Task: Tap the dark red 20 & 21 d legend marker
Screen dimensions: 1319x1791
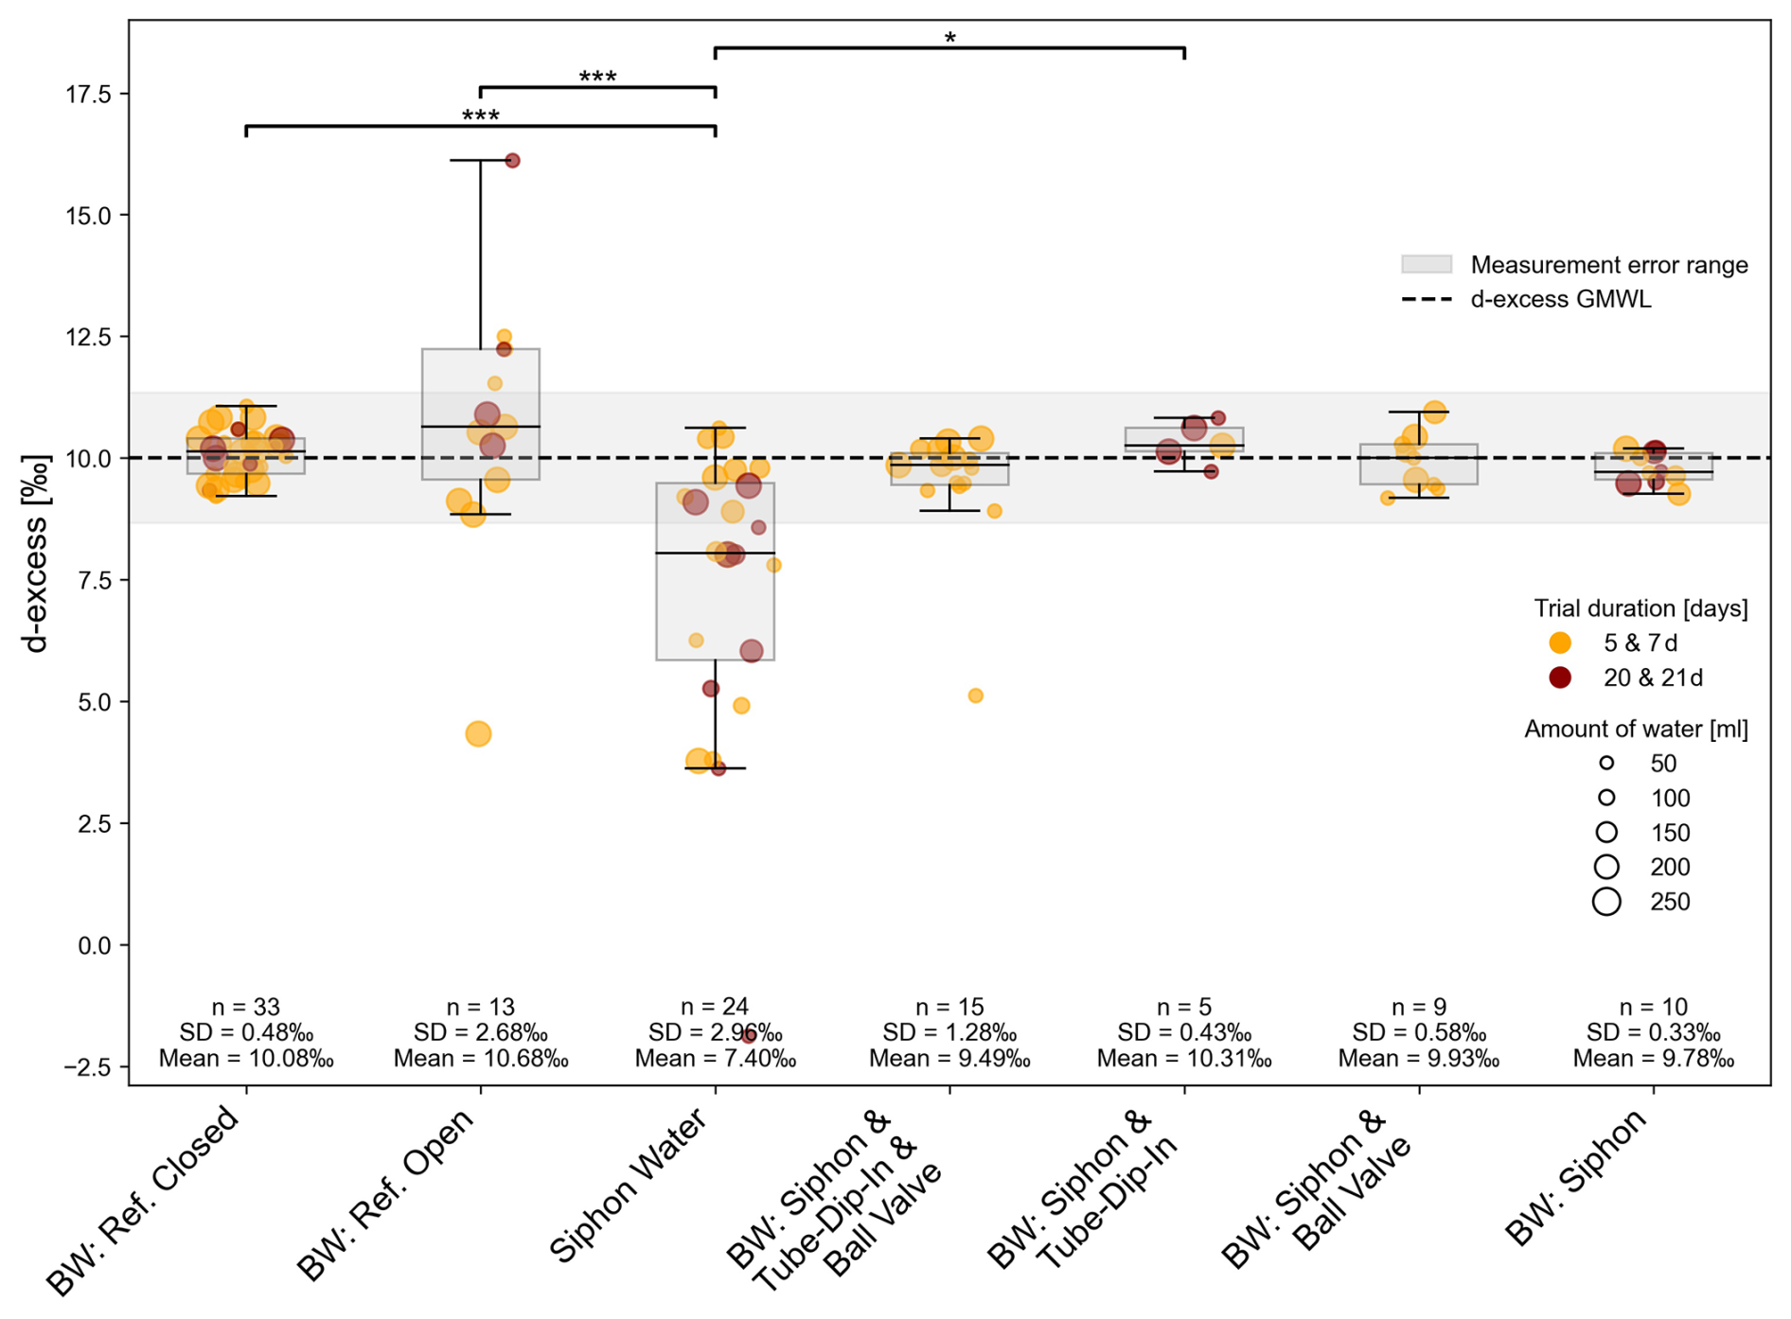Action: click(1560, 677)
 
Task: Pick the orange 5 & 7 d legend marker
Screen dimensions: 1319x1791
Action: click(1560, 643)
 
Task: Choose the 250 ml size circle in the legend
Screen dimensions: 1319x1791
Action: click(1606, 902)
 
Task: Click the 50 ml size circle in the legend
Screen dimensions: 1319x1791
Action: click(1606, 763)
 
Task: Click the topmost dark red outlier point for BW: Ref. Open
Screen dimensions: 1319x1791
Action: click(512, 161)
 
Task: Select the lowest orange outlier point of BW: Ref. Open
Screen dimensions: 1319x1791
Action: click(478, 733)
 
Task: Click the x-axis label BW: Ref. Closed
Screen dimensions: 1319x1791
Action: click(144, 1200)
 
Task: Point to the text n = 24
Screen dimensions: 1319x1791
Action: click(715, 1007)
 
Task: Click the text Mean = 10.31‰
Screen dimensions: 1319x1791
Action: click(1184, 1059)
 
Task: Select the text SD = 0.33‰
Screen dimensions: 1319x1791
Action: click(1654, 1032)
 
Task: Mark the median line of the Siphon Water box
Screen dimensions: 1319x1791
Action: click(715, 553)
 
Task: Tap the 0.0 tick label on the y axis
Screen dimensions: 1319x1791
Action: click(93, 945)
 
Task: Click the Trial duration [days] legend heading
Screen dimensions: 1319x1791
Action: click(1640, 608)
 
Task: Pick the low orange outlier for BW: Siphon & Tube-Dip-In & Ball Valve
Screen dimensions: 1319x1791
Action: click(975, 695)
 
